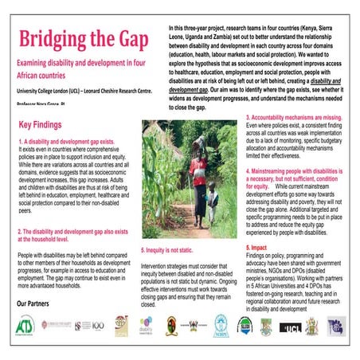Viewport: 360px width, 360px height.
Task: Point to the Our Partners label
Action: [x=38, y=304]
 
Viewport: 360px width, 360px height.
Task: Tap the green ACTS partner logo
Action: [x=29, y=326]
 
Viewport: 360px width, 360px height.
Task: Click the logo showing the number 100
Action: [x=96, y=326]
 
